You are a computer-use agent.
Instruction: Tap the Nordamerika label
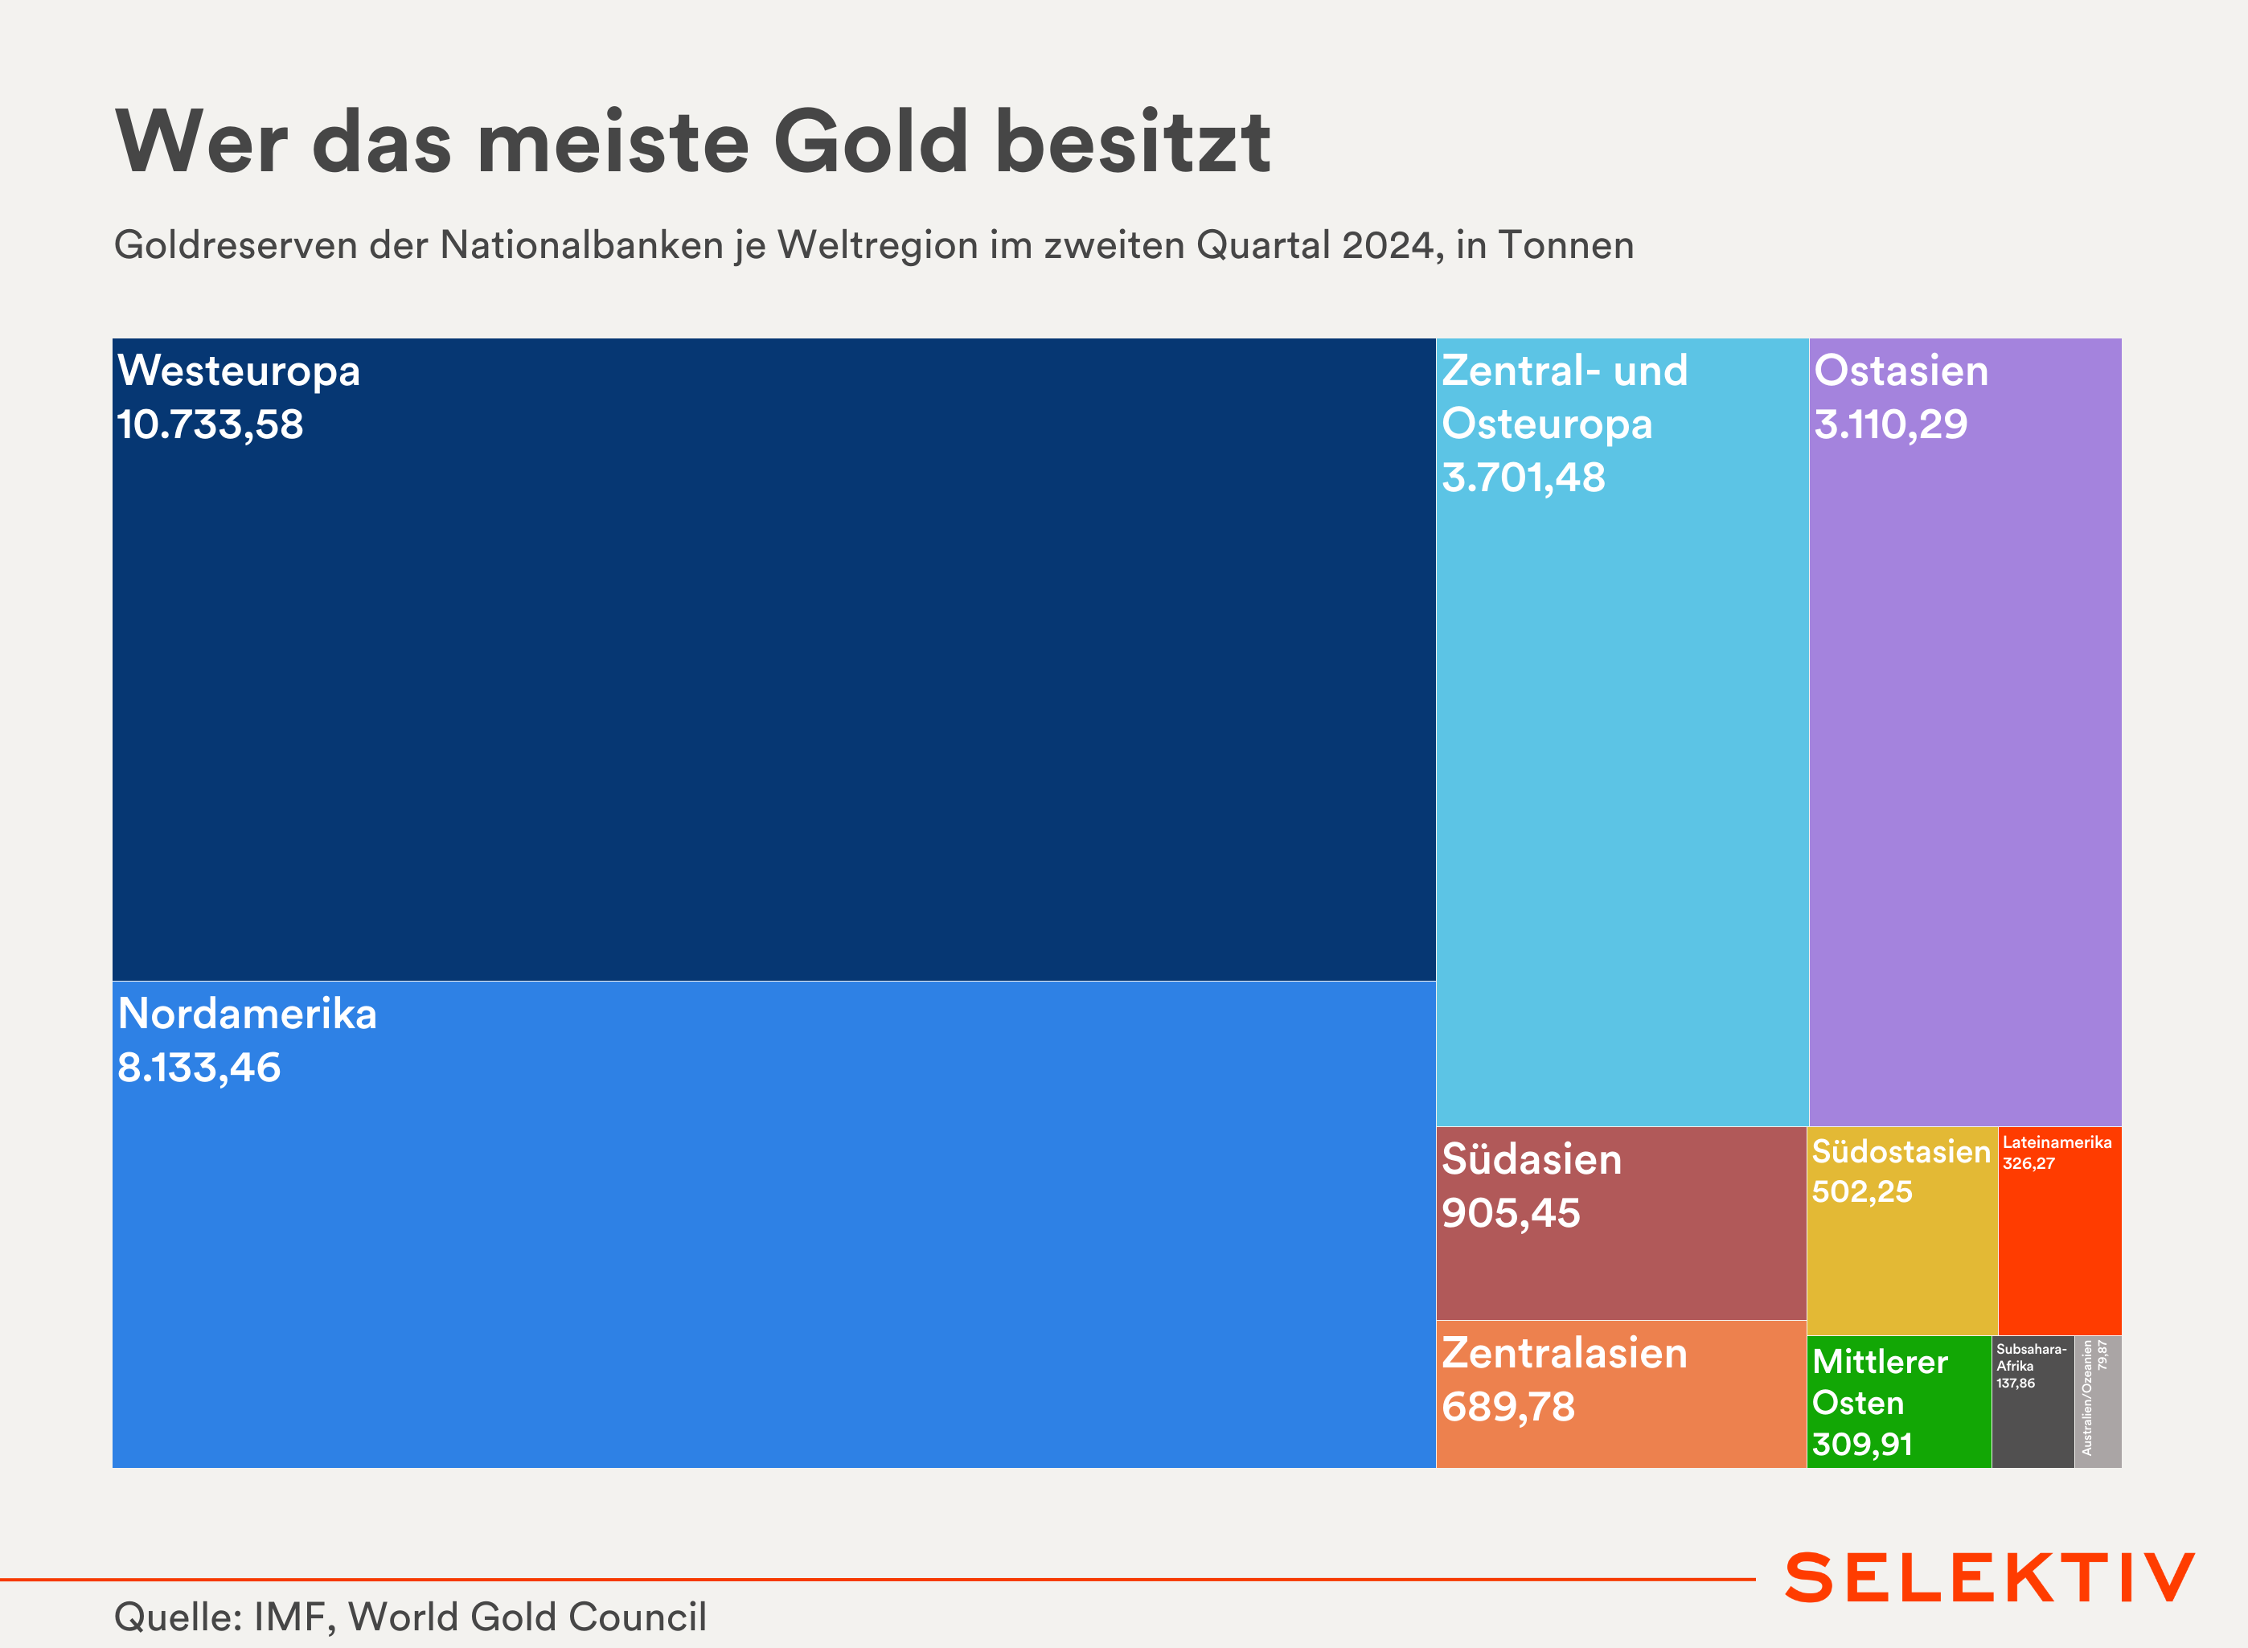tap(247, 1015)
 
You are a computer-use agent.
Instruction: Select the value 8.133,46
tap(199, 1068)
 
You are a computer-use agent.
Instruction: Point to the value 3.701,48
tap(1523, 478)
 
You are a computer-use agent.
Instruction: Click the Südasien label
tap(1532, 1160)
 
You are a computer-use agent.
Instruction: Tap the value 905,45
tap(1511, 1214)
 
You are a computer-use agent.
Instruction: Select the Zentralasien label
tap(1564, 1354)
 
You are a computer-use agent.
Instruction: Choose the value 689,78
tap(1508, 1408)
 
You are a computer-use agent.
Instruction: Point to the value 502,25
tap(1862, 1192)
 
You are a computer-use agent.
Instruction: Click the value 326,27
tap(2029, 1164)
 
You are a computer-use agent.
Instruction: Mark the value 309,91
tap(1862, 1445)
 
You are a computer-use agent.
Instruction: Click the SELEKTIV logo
tap(1990, 1577)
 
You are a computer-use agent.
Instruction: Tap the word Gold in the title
tap(870, 141)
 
